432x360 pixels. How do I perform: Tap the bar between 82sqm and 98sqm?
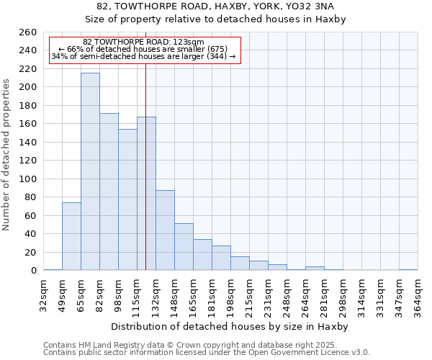coord(109,192)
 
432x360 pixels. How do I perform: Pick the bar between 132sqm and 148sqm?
coord(165,230)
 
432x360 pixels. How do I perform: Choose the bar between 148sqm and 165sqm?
coord(184,247)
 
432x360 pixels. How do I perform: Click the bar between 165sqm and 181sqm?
coord(202,255)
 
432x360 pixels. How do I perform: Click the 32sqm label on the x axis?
coord(44,294)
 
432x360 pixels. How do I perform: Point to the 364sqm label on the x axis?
coord(418,294)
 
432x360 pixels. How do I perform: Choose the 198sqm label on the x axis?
coord(230,294)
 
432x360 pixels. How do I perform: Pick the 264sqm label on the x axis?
coord(305,294)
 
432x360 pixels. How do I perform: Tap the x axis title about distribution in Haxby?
coord(230,326)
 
